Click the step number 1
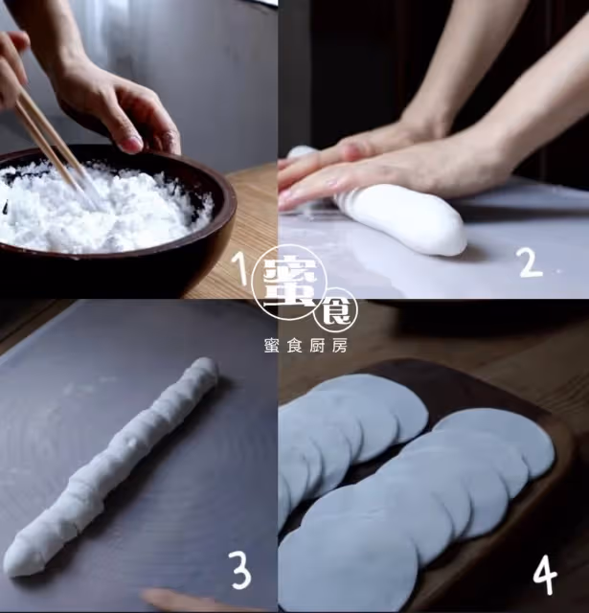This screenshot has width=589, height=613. point(238,268)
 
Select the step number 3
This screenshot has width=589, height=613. point(239,570)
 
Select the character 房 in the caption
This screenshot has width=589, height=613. point(340,346)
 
